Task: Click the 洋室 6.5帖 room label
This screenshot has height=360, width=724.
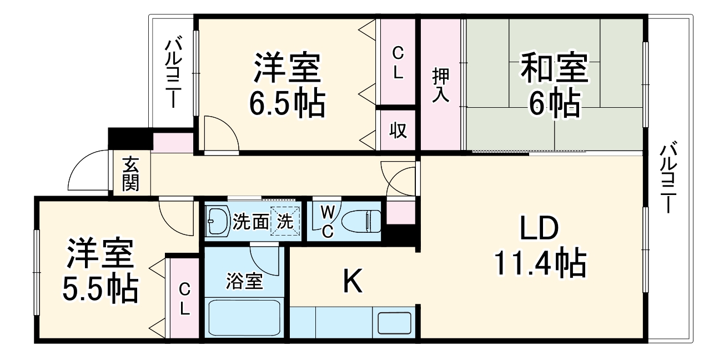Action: [x=287, y=84]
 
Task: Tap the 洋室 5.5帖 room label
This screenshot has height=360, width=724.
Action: [x=100, y=271]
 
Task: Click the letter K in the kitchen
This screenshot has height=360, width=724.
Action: [x=352, y=281]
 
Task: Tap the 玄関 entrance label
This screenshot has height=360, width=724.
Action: [x=130, y=174]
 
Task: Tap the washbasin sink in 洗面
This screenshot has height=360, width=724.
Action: [x=218, y=221]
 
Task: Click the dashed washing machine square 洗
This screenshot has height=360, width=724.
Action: [x=285, y=221]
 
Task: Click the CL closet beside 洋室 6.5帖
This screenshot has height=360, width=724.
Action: [x=398, y=62]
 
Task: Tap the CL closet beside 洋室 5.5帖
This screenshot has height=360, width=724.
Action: [x=184, y=298]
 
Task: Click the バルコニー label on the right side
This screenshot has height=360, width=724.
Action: [x=668, y=177]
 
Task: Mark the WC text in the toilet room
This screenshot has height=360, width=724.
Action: [x=328, y=221]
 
